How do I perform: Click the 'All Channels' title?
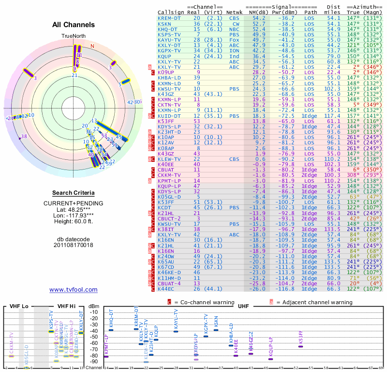[74, 25]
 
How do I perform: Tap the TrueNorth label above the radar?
[74, 36]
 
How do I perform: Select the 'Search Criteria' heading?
[74, 193]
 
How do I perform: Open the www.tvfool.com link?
[74, 290]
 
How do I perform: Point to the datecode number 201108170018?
[74, 245]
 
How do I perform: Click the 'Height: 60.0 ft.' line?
[74, 222]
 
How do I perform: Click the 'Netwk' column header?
[235, 12]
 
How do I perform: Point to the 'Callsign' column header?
[171, 12]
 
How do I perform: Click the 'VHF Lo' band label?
[17, 306]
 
